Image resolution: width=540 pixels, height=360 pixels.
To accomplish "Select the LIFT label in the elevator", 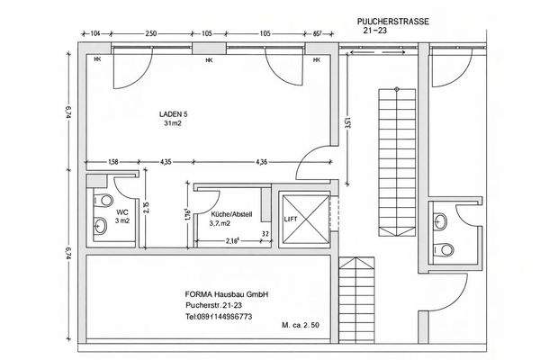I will (x=291, y=219).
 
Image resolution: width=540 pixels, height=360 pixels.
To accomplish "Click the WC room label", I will (x=121, y=211).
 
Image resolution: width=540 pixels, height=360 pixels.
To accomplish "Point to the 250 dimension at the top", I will (x=151, y=33).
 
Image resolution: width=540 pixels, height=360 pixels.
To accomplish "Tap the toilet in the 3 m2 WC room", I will (x=100, y=222).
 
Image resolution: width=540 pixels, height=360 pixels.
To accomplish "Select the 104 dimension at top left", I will (x=95, y=33).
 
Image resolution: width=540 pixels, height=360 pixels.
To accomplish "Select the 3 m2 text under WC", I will (x=122, y=222).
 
